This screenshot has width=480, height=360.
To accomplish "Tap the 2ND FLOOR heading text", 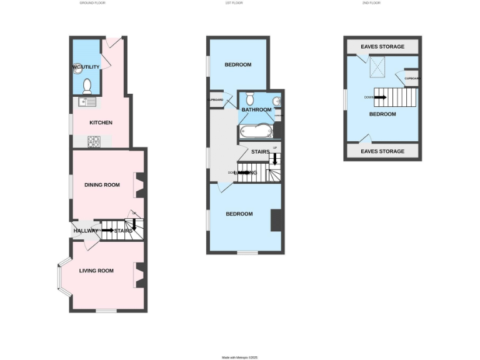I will tap(371, 3).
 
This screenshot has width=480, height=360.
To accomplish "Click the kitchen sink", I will tap(87, 102).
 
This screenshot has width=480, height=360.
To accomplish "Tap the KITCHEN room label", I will tap(101, 122).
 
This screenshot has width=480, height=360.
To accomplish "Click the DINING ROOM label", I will tap(102, 184).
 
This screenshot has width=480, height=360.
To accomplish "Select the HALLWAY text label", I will tap(86, 231).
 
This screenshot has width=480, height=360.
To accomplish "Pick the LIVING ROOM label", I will tap(96, 271).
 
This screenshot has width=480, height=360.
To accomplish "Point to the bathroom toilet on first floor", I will tap(250, 98).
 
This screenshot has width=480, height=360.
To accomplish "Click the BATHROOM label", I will tap(257, 110).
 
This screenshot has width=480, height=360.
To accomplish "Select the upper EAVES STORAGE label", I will tap(382, 47).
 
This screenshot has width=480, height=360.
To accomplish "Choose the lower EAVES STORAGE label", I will tap(382, 151).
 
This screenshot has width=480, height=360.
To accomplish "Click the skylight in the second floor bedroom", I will tap(378, 66).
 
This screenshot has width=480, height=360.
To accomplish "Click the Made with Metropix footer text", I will tap(240, 357).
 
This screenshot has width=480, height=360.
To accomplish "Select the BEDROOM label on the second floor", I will tap(382, 114).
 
